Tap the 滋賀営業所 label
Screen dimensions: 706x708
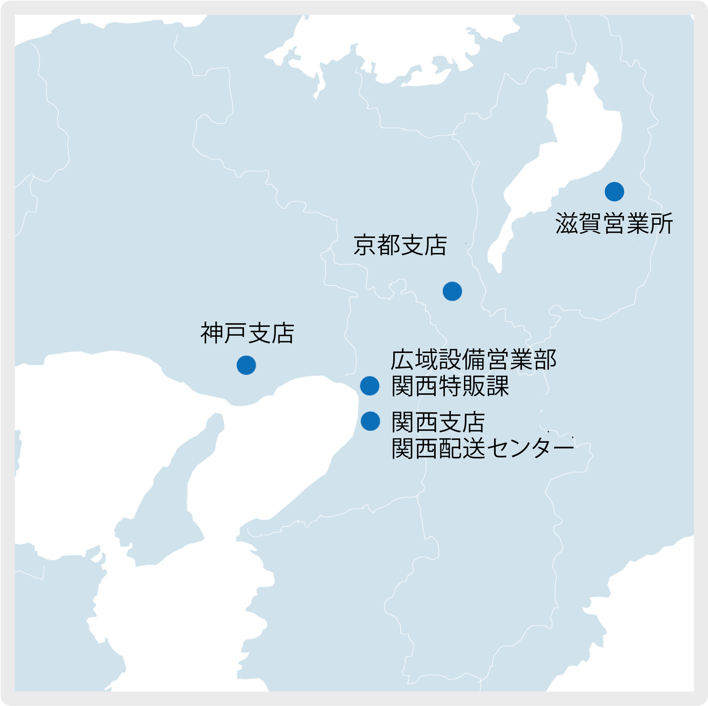(614, 223)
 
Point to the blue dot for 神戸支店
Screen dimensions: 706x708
(246, 365)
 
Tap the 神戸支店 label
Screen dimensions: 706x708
(247, 333)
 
